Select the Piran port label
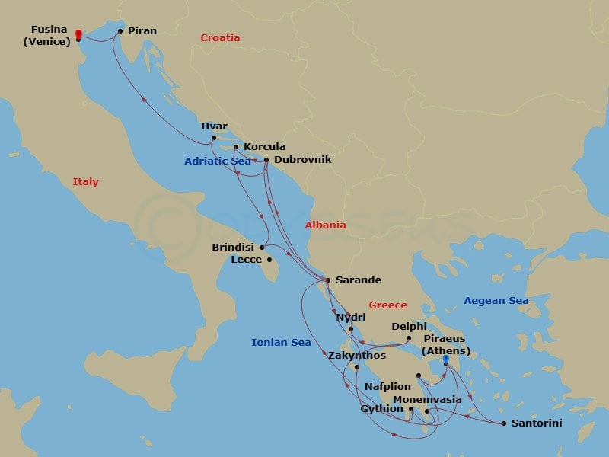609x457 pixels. [x=142, y=31]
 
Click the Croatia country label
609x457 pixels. [x=220, y=38]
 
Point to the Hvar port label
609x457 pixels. [x=215, y=126]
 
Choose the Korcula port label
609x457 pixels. [x=264, y=147]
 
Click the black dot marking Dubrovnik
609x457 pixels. [x=266, y=160]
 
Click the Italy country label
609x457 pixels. [x=85, y=182]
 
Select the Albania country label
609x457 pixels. [x=325, y=225]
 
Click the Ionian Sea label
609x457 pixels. [x=281, y=343]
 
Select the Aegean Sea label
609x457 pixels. [x=496, y=301]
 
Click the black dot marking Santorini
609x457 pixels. [x=504, y=423]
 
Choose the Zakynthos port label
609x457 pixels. [x=357, y=356]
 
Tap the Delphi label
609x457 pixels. [x=409, y=327]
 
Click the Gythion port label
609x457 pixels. [x=381, y=409]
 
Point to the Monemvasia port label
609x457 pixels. [x=427, y=400]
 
